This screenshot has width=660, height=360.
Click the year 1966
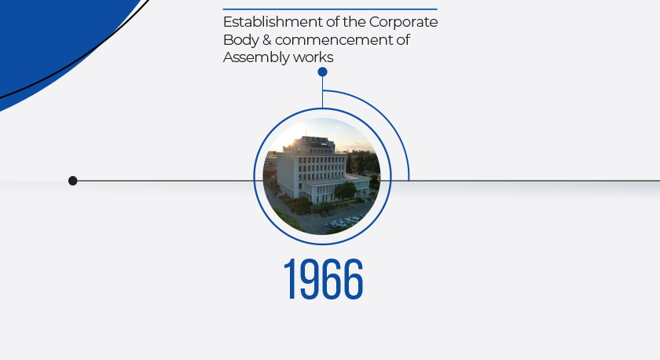point(323,279)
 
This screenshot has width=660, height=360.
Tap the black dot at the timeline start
point(73,181)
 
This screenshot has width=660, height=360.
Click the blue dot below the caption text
point(322,72)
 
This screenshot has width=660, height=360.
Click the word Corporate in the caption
point(403,22)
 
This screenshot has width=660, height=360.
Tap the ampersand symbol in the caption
point(267,40)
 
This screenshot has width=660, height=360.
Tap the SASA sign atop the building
point(315,140)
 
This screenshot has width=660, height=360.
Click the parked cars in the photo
point(343,222)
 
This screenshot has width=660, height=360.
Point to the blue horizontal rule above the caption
point(330,9)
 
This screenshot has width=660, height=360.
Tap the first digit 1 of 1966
point(291,279)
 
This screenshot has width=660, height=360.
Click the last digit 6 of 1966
point(354,279)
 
